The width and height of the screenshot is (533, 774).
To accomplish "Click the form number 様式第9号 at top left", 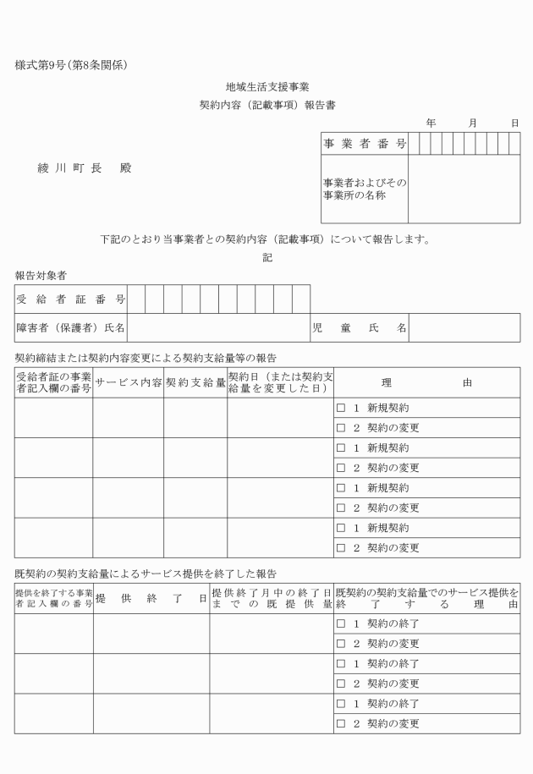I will coord(71,65).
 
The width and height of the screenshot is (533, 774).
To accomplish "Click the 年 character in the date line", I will coord(431,124).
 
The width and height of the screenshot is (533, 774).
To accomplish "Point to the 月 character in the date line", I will coord(474,124).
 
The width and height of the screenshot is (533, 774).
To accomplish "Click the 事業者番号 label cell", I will coord(364,145).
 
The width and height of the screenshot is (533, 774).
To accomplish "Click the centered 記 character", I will coord(267,258).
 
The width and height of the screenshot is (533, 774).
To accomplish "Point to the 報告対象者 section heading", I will coord(41,276).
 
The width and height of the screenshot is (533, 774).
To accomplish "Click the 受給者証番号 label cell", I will coord(71,299).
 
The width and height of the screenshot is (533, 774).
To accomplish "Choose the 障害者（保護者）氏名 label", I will coord(71,327).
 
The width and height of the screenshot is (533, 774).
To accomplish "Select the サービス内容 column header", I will coord(128,382).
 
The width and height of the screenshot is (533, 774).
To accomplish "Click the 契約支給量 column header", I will coord(195,382).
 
